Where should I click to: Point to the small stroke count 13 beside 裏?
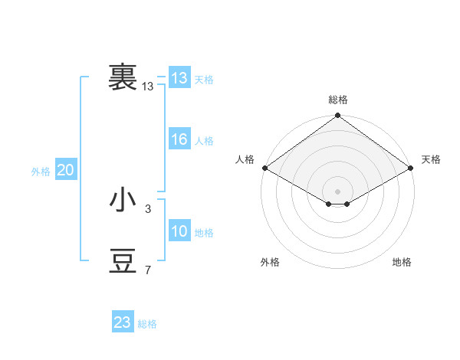tap(148, 87)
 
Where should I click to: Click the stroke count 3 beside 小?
tap(148, 208)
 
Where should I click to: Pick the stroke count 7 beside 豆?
tap(148, 270)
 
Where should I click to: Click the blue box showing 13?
tap(179, 78)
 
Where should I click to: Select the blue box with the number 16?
tap(179, 139)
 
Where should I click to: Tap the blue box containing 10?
tap(179, 231)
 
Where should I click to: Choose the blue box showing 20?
tap(66, 170)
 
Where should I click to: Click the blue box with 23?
tap(123, 322)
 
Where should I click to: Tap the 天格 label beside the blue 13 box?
tap(204, 80)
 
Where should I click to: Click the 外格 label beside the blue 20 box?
tap(41, 172)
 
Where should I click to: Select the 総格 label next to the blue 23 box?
tap(147, 324)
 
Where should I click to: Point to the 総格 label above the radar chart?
tap(338, 100)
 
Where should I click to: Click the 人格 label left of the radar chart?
tap(245, 159)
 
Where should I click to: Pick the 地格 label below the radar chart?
tap(402, 262)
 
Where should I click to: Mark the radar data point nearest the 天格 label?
tap(412, 168)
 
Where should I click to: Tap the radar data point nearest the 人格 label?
tap(264, 168)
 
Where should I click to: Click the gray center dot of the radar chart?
tap(338, 191)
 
